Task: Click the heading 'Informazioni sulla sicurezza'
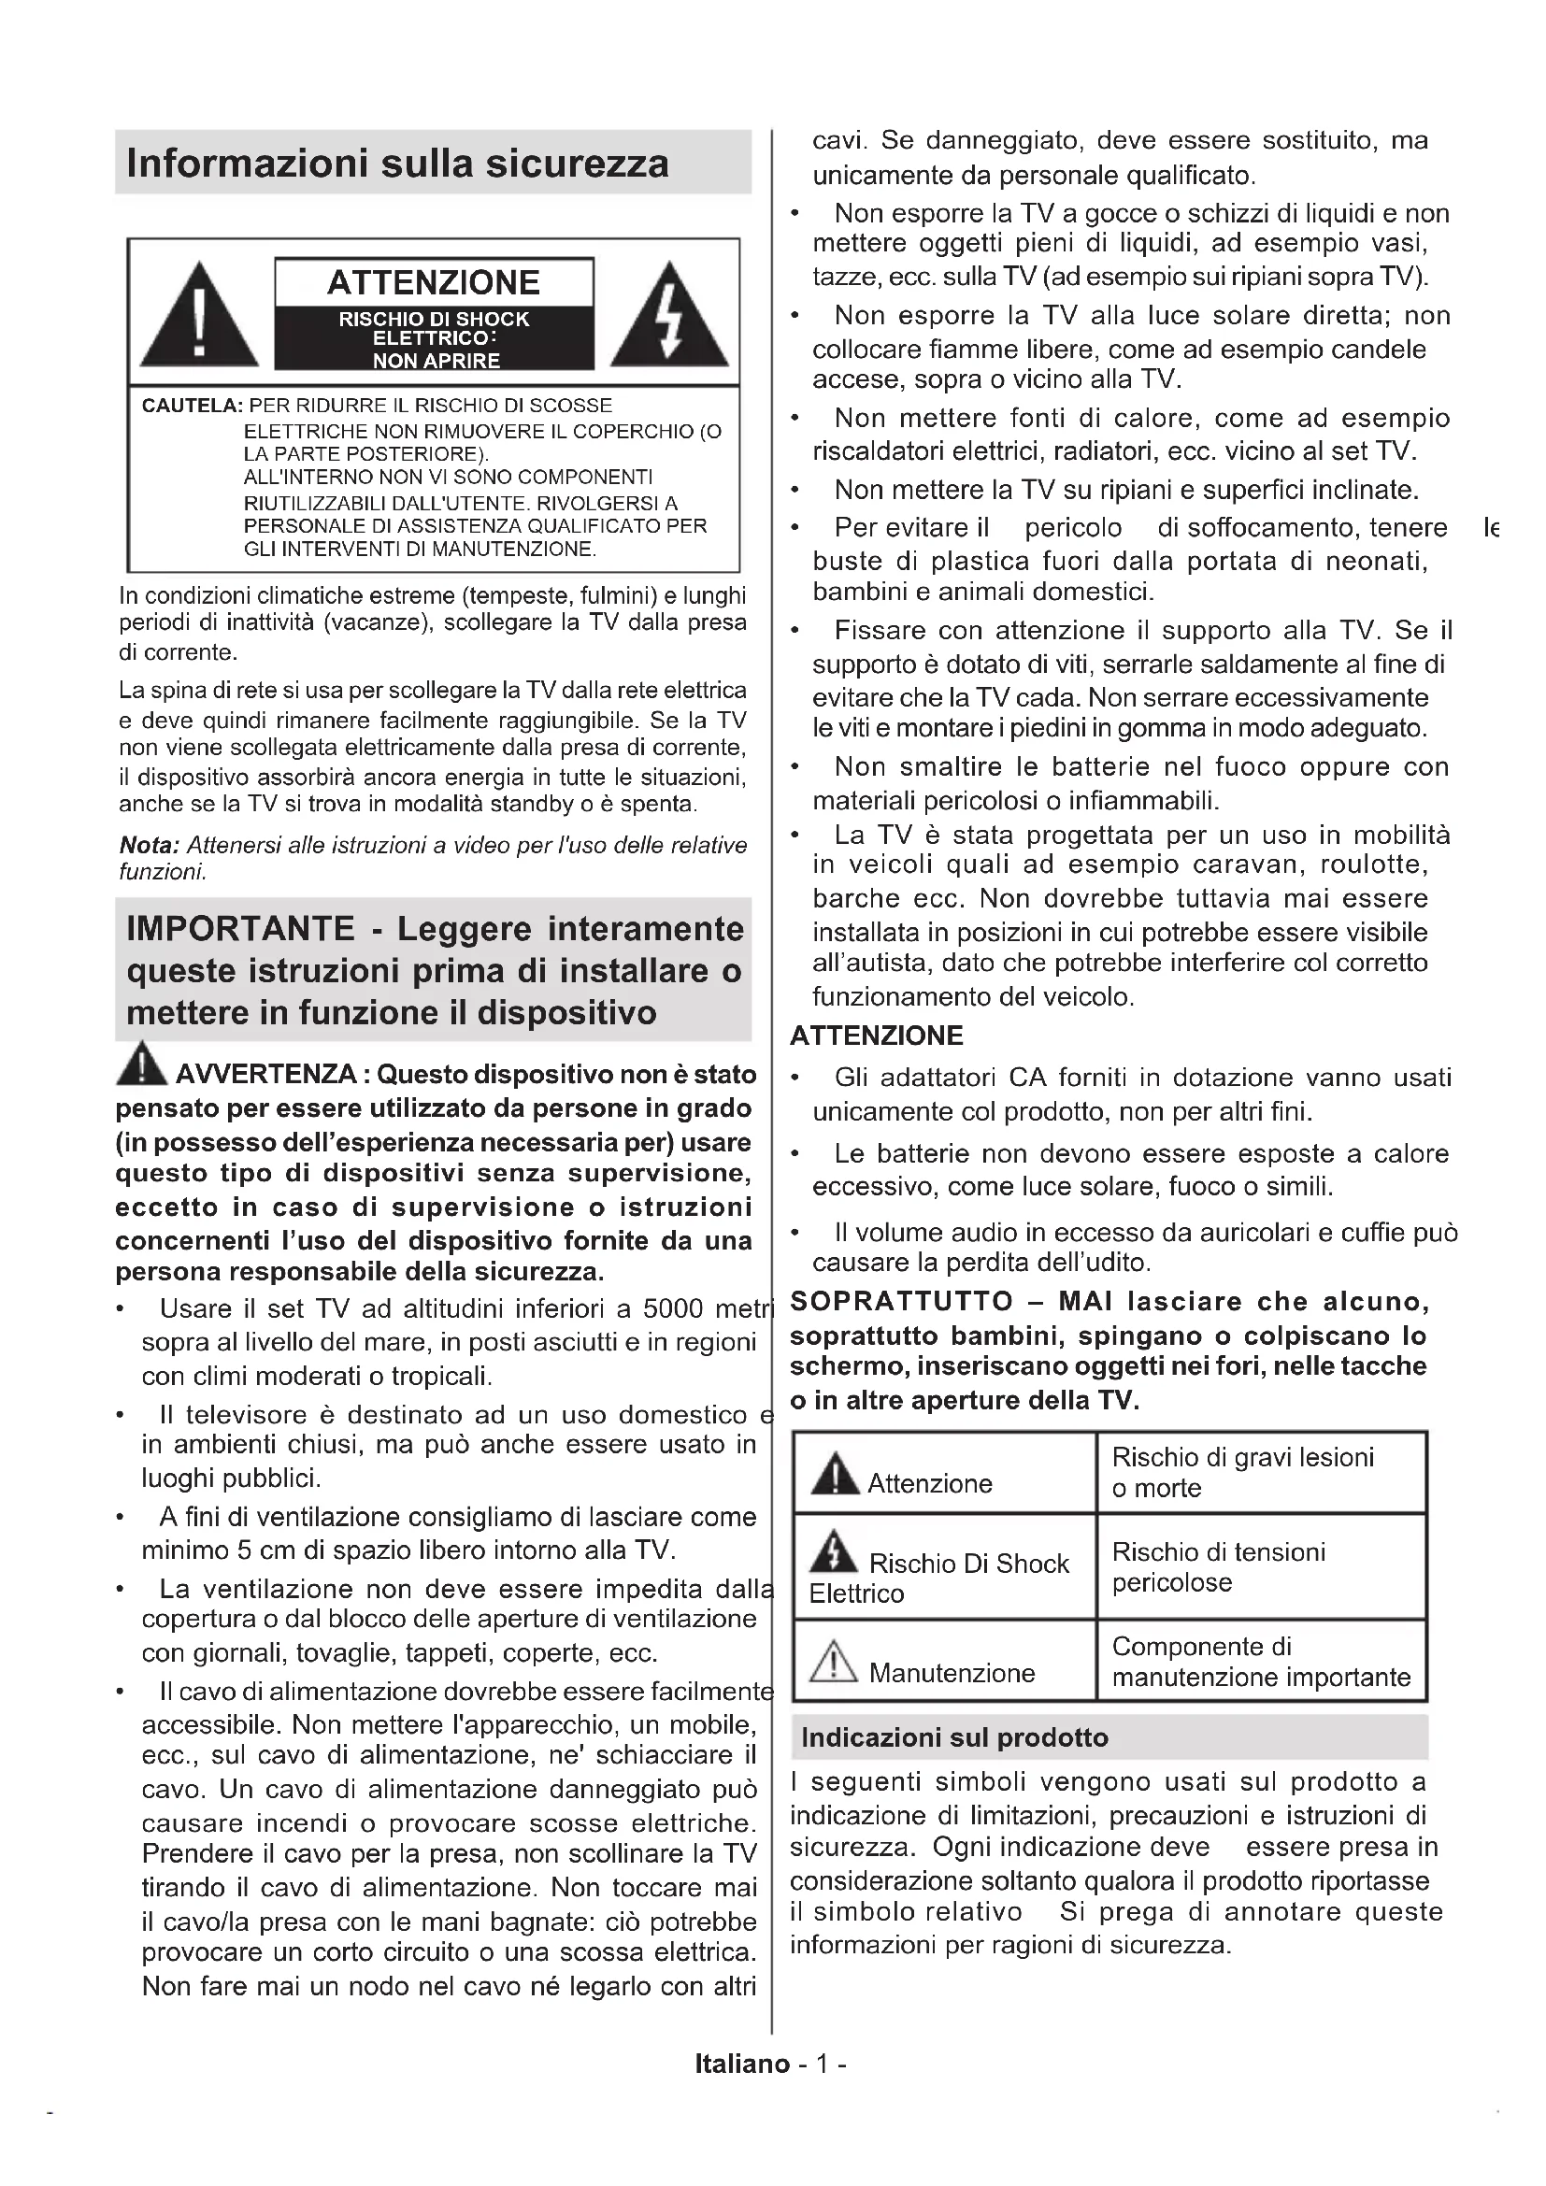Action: (x=397, y=164)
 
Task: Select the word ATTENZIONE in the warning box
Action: (x=433, y=283)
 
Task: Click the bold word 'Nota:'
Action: (x=149, y=846)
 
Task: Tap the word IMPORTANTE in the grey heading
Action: (x=241, y=928)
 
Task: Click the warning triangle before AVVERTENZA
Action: (x=141, y=1065)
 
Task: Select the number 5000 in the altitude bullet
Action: (x=674, y=1308)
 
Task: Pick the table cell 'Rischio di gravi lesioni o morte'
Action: (x=1242, y=1472)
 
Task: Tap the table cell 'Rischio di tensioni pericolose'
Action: (x=1219, y=1567)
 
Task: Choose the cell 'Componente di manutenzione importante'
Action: (x=1260, y=1662)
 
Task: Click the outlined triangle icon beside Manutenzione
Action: (x=834, y=1662)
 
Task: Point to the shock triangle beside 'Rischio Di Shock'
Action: (x=834, y=1552)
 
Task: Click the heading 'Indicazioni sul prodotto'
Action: (x=955, y=1737)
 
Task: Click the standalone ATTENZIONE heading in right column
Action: (x=877, y=1036)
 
